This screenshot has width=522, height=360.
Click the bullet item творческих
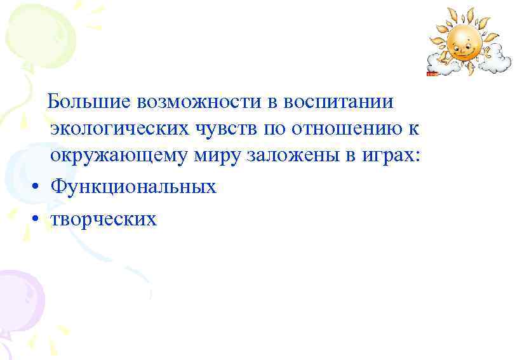[x=103, y=220]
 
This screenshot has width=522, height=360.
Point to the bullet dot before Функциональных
[x=38, y=187]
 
